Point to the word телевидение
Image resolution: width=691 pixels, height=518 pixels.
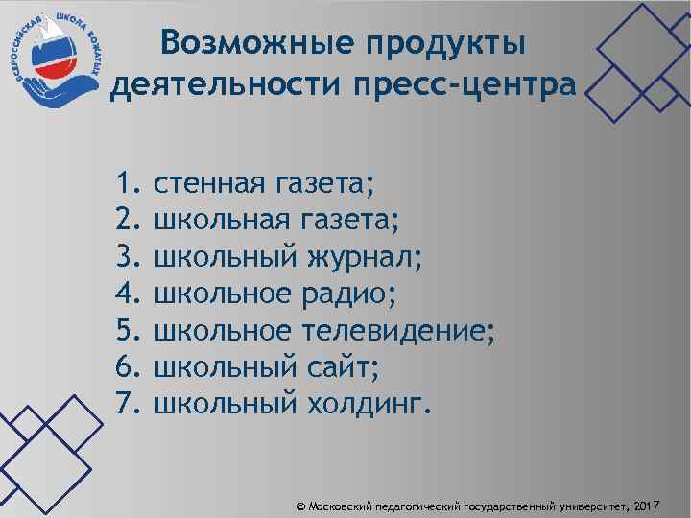click(x=399, y=329)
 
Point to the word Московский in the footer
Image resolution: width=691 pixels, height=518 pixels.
click(x=339, y=505)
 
